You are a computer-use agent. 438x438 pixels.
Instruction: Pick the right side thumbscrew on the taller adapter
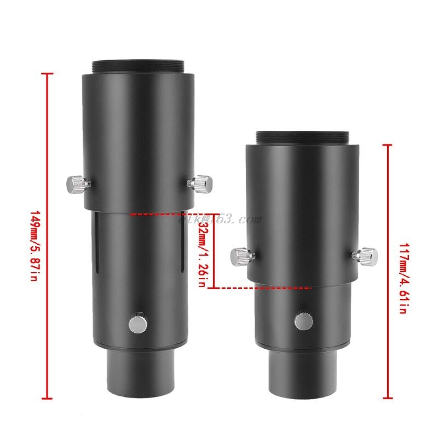[201, 181]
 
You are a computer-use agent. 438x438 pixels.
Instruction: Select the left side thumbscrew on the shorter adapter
[240, 255]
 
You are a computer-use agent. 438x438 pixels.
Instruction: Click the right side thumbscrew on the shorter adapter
[367, 255]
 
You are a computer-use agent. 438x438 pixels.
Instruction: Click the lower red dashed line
[263, 287]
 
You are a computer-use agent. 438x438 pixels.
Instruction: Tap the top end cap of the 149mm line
[48, 73]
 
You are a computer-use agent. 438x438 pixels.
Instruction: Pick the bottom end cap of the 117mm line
[388, 398]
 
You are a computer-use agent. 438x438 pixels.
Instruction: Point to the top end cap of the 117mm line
[388, 145]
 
